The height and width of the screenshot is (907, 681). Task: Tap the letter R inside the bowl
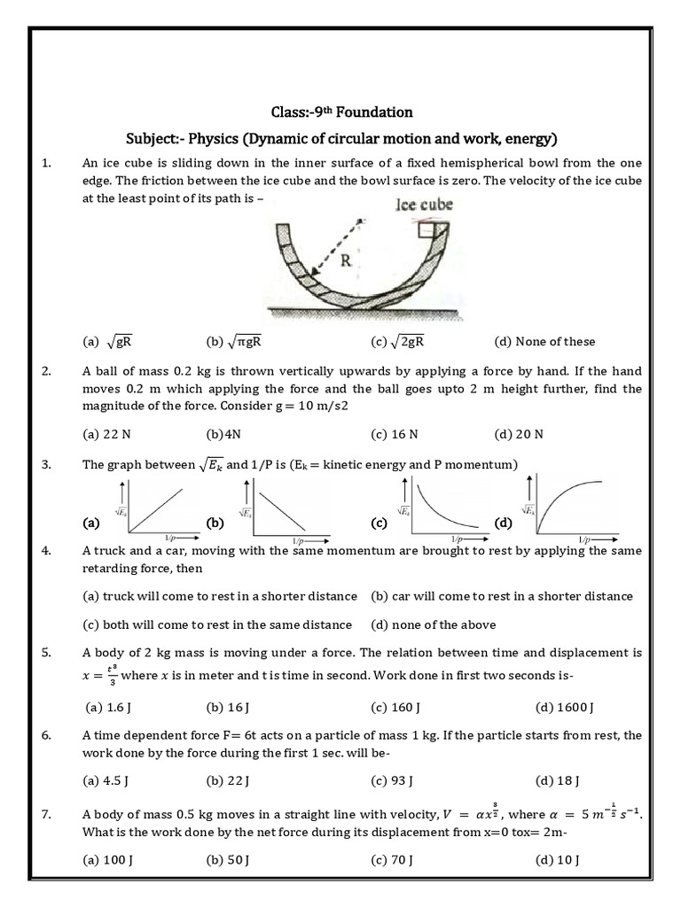(x=345, y=262)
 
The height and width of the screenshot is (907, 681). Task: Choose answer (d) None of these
(x=544, y=342)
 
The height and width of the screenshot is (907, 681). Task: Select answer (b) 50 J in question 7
(x=227, y=860)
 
